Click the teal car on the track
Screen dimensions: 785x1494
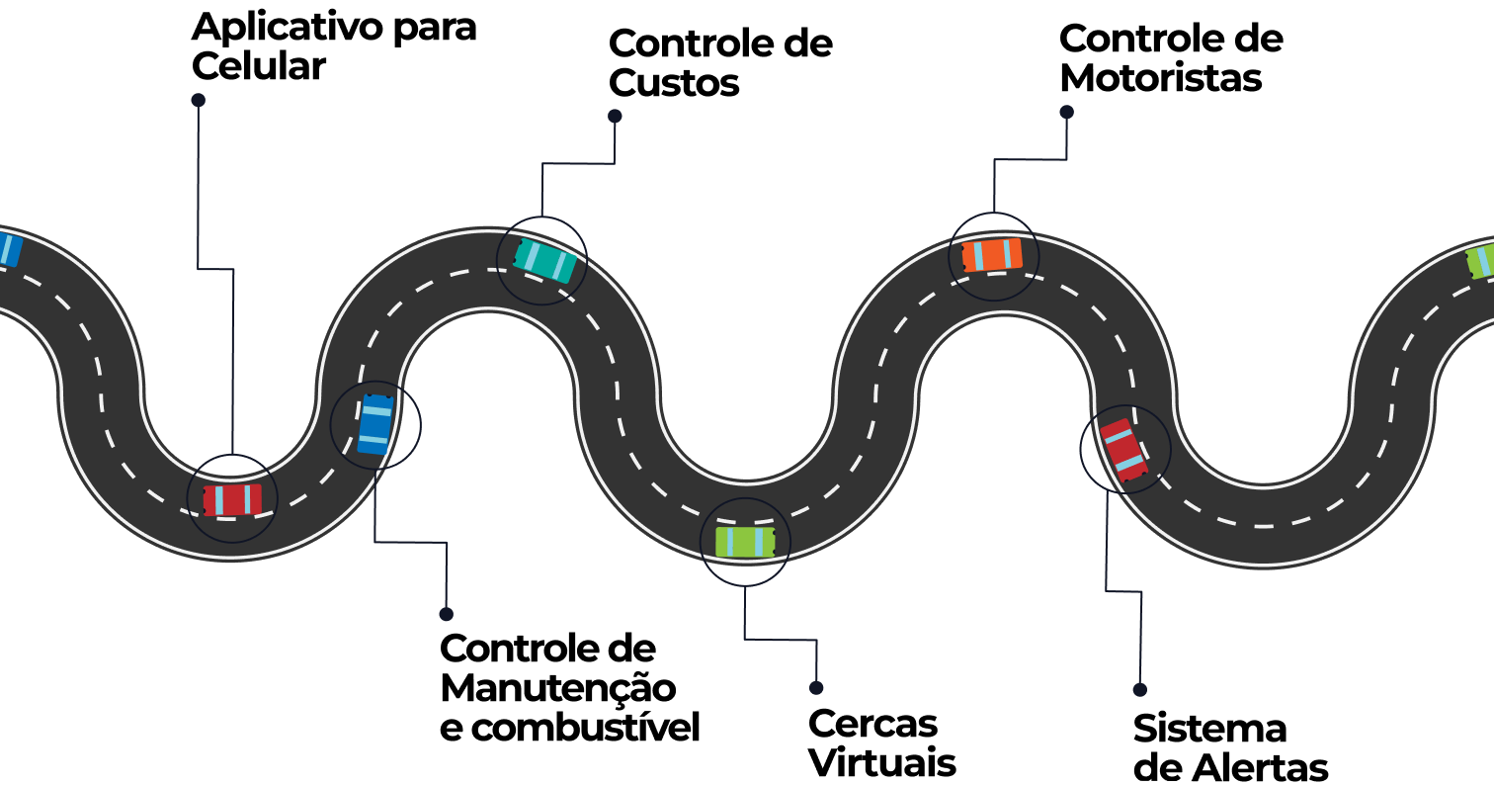544,260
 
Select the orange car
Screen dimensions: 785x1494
992,255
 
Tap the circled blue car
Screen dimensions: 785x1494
374,425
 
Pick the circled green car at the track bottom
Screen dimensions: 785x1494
745,542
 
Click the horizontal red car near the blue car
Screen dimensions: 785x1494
232,499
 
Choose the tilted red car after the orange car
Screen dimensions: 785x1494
1124,449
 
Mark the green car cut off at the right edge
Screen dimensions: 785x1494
1480,261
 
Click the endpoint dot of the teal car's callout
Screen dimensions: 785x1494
615,116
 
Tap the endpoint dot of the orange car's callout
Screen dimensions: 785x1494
1066,113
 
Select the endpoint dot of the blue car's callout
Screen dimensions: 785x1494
446,614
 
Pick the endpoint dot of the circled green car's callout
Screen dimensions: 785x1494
816,688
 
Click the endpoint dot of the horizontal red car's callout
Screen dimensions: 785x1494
198,100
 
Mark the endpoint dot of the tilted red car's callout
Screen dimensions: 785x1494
1139,690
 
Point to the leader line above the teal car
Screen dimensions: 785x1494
578,163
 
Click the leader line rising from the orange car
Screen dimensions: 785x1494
1030,159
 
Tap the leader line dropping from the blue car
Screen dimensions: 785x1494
410,542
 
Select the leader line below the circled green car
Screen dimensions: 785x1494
781,640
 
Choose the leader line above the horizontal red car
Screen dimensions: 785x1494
198,188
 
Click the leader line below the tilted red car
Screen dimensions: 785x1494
1123,591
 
